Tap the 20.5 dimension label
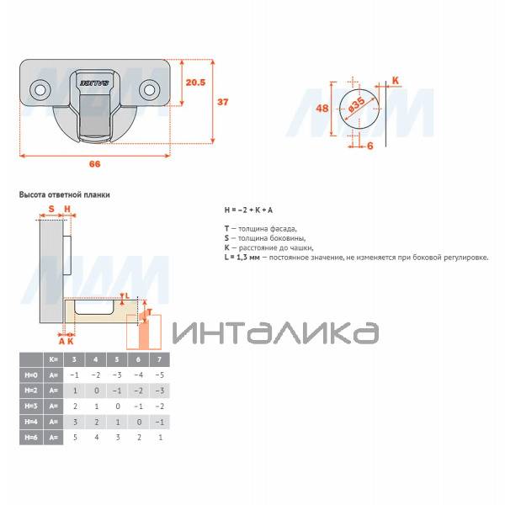click(195, 82)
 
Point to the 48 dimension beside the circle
click(322, 109)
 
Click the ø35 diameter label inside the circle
click(355, 106)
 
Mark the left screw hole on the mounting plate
click(39, 88)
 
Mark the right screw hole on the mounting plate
click(150, 88)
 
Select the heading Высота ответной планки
click(64, 194)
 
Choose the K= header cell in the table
click(55, 359)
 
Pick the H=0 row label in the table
click(31, 375)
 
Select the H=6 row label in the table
click(31, 439)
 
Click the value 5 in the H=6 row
click(74, 439)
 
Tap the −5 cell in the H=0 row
click(160, 375)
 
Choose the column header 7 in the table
click(160, 359)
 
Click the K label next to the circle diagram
click(396, 81)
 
